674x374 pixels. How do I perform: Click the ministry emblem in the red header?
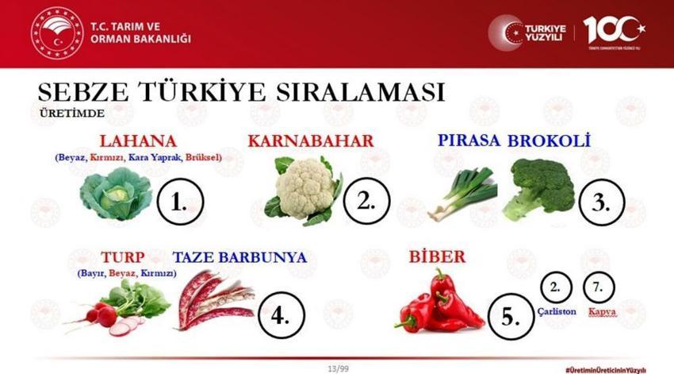tap(56, 33)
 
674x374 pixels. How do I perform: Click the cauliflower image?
tap(303, 190)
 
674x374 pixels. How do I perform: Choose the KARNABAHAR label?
tap(310, 141)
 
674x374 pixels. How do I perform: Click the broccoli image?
tap(540, 188)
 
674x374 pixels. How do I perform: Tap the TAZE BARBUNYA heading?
tap(239, 258)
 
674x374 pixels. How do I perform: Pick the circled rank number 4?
tap(279, 314)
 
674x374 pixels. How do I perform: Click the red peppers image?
tap(437, 303)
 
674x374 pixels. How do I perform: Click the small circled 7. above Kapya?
tap(600, 287)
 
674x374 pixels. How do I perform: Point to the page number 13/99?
tap(338, 368)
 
